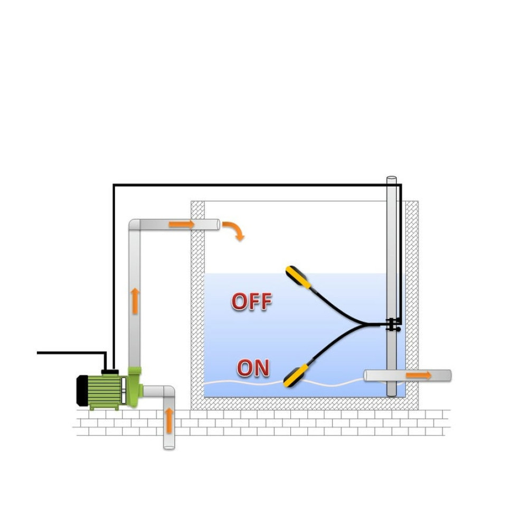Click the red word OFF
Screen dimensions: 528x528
[251, 301]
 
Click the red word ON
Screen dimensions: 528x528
[253, 367]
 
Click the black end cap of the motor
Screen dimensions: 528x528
[82, 390]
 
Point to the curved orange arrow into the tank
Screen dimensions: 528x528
[234, 230]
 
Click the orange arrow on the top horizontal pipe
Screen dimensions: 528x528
[181, 224]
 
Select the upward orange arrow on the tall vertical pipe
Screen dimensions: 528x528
[135, 300]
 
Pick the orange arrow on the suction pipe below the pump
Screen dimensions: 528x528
[169, 421]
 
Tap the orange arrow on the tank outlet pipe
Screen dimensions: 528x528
[419, 375]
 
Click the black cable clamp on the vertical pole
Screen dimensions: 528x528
[391, 325]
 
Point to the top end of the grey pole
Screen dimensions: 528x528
[391, 180]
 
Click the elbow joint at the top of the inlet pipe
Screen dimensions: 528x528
[135, 224]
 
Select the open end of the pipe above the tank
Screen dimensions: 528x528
[217, 224]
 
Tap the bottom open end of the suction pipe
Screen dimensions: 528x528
[169, 446]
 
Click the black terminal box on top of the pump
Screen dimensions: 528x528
[110, 372]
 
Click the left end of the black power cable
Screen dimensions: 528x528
[39, 352]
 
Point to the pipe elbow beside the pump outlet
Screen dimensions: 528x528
[168, 392]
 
